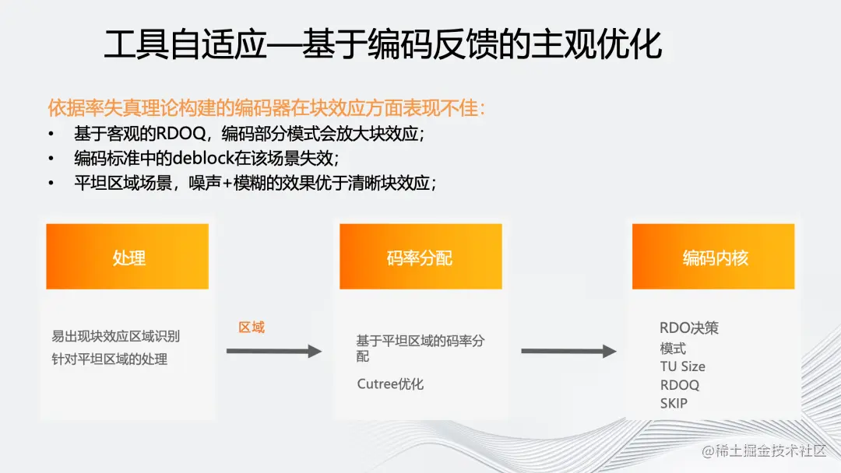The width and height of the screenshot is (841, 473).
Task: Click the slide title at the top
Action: click(x=383, y=46)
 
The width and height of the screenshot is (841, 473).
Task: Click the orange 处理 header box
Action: click(x=128, y=257)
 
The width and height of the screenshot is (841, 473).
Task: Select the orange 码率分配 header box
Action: click(x=420, y=257)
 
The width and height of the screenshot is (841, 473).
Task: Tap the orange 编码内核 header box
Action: click(x=714, y=257)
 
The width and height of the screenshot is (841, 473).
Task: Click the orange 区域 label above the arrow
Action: click(x=252, y=328)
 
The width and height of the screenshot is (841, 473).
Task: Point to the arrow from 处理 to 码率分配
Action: click(x=273, y=352)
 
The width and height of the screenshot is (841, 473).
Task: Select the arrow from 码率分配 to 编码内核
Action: click(x=568, y=352)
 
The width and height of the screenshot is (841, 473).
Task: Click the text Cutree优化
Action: click(x=390, y=384)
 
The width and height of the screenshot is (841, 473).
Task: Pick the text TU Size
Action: click(x=682, y=366)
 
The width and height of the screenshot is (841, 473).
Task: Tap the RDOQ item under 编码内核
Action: click(x=679, y=385)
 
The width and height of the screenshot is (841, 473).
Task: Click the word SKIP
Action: click(x=674, y=403)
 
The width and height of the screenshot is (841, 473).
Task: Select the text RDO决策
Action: click(x=688, y=328)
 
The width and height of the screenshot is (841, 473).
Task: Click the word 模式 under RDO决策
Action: click(x=673, y=348)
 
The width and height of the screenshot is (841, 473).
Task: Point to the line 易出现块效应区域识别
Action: click(x=115, y=336)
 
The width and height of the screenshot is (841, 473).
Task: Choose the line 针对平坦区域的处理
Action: click(x=109, y=359)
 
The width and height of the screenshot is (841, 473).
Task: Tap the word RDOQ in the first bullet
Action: click(x=184, y=133)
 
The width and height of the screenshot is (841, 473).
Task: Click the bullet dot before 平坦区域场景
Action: click(x=51, y=184)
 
